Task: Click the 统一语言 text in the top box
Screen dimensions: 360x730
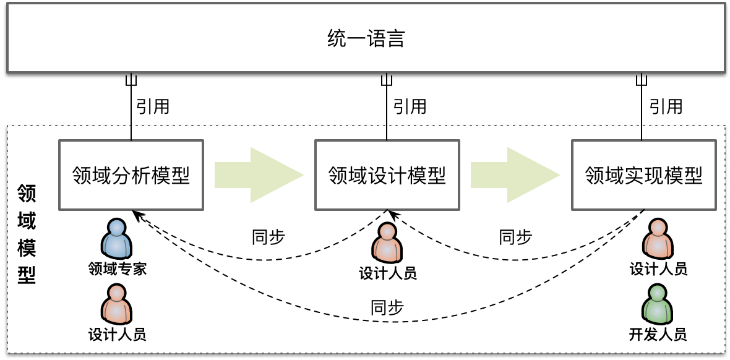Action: [365, 40]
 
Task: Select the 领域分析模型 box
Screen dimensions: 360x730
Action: [131, 175]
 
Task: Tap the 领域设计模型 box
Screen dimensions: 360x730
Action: [387, 175]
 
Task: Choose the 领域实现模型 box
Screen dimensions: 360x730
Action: [643, 175]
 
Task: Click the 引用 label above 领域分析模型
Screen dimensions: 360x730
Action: [153, 106]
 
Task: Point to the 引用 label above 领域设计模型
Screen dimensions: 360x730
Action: [410, 106]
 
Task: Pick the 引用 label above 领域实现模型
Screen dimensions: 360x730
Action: [666, 106]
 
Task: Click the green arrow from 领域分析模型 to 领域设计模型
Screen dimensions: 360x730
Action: [259, 175]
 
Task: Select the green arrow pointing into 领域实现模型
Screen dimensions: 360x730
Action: [515, 175]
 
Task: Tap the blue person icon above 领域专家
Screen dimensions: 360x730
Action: [118, 239]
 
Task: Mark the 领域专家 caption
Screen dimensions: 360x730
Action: [118, 269]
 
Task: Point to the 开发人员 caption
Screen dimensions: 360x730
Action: [658, 335]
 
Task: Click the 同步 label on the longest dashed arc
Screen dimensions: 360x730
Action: [387, 307]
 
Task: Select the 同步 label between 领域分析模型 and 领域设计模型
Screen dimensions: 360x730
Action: [268, 237]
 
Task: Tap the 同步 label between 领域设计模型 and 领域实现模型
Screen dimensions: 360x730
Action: [515, 237]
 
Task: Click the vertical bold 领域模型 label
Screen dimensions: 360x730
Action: [27, 233]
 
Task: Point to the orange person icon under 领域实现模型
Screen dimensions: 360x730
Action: [658, 239]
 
